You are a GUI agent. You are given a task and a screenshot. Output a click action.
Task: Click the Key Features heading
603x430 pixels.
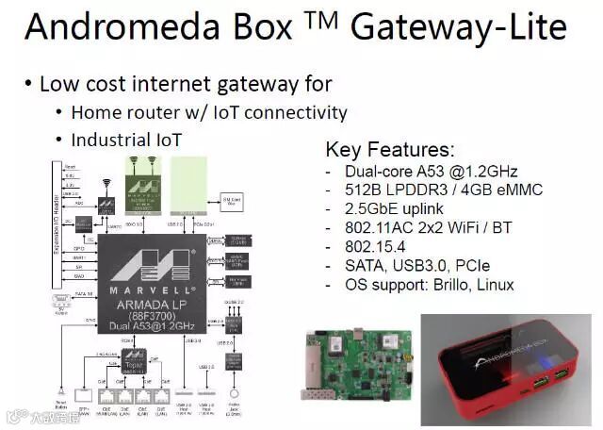pos(389,150)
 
